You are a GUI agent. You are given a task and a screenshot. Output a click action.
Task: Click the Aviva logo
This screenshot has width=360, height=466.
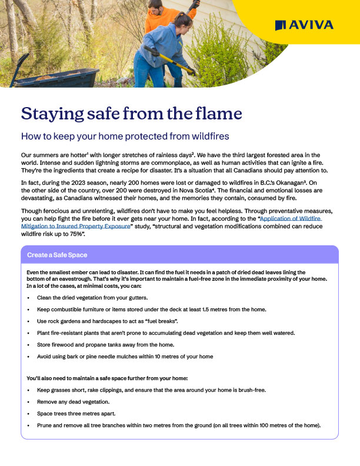pos(304,24)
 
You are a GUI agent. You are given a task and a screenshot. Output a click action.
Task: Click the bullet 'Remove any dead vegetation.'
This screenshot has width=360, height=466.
pos(73,401)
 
